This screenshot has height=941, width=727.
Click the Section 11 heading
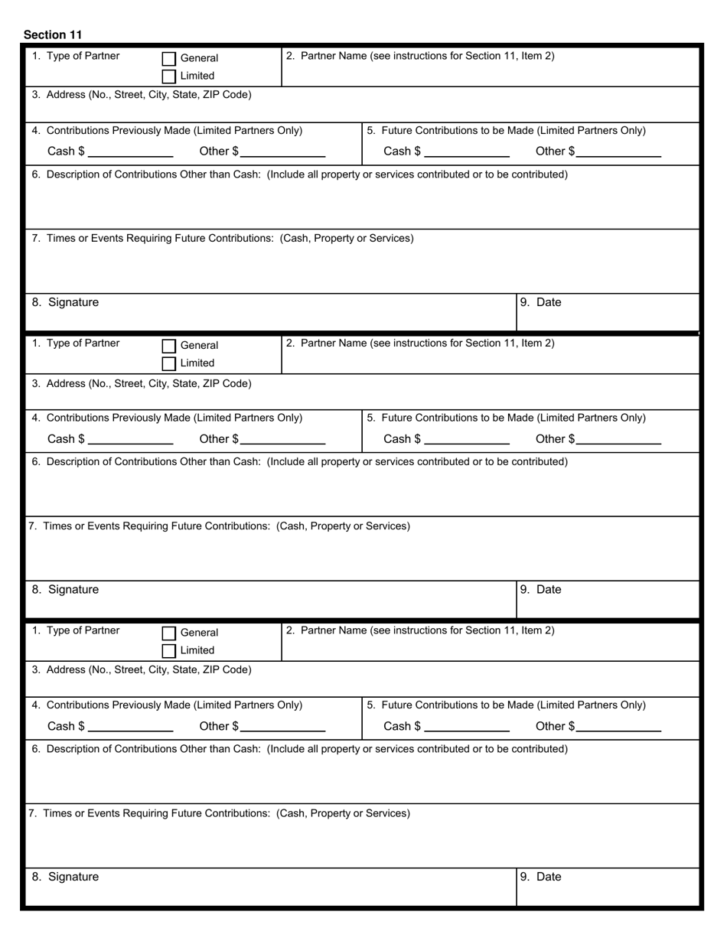coord(53,34)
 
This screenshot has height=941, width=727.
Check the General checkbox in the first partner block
coord(169,58)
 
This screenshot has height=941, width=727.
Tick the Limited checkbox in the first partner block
coord(169,76)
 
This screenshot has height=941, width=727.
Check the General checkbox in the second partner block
coord(169,346)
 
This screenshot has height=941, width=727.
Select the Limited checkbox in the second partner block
coord(169,363)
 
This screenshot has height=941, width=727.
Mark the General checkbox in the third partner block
coord(169,633)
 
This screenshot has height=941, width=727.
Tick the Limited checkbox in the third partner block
coord(169,650)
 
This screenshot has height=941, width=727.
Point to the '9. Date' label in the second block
coord(541,590)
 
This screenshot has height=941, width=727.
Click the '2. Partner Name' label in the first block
coord(420,56)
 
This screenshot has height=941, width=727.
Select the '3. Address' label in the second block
coord(142,383)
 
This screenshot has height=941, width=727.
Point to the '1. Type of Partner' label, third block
coord(76,630)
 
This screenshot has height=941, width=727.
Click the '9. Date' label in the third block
coord(541,877)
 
